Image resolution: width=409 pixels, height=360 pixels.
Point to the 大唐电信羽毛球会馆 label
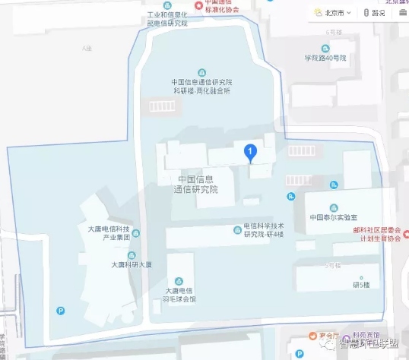point(181,294)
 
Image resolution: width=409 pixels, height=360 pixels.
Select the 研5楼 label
point(361,284)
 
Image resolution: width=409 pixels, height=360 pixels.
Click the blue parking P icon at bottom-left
point(61,310)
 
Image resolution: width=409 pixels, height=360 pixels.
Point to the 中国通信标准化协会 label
point(216,6)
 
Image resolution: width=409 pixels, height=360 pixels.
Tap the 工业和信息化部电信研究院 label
point(167,18)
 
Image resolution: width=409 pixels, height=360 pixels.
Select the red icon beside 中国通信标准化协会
point(200,5)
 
